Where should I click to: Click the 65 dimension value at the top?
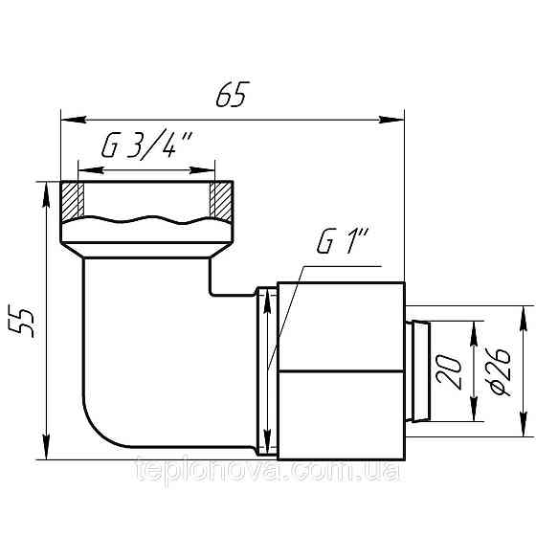click(233, 94)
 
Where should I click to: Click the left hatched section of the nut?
click(74, 198)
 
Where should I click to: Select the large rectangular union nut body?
click(340, 368)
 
